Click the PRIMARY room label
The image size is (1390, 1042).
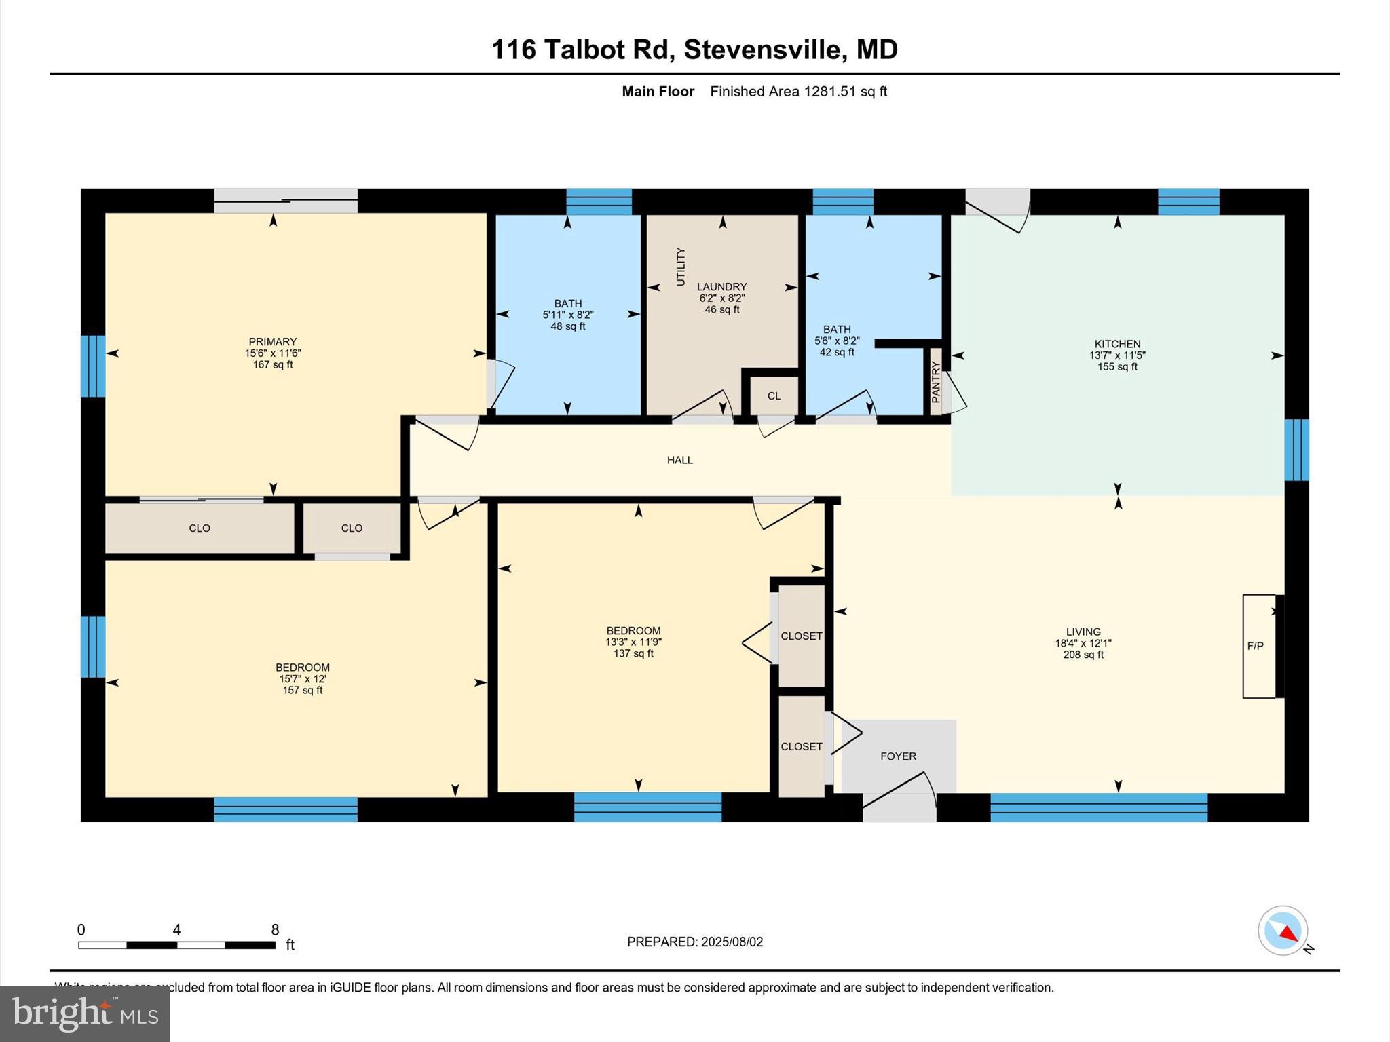point(272,342)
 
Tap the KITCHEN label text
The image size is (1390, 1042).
point(1117,344)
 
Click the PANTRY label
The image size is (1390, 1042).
point(936,382)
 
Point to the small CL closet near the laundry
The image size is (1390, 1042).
point(774,396)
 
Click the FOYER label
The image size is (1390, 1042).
point(898,756)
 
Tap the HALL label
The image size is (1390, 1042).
point(679,460)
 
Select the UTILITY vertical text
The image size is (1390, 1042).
point(681,267)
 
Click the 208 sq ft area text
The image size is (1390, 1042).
point(1083,655)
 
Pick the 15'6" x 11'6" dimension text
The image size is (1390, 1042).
point(272,353)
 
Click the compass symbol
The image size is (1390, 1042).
point(1282,930)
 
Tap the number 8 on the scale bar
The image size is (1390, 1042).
point(275,930)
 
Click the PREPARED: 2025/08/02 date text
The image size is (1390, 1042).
point(694,942)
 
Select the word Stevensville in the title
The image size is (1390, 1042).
point(763,50)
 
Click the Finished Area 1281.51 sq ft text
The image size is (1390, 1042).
point(798,92)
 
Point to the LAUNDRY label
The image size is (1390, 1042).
point(721,287)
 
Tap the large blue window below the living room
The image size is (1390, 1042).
point(1098,807)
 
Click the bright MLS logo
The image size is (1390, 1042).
point(85,1014)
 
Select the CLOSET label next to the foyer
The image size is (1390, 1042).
point(801,746)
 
